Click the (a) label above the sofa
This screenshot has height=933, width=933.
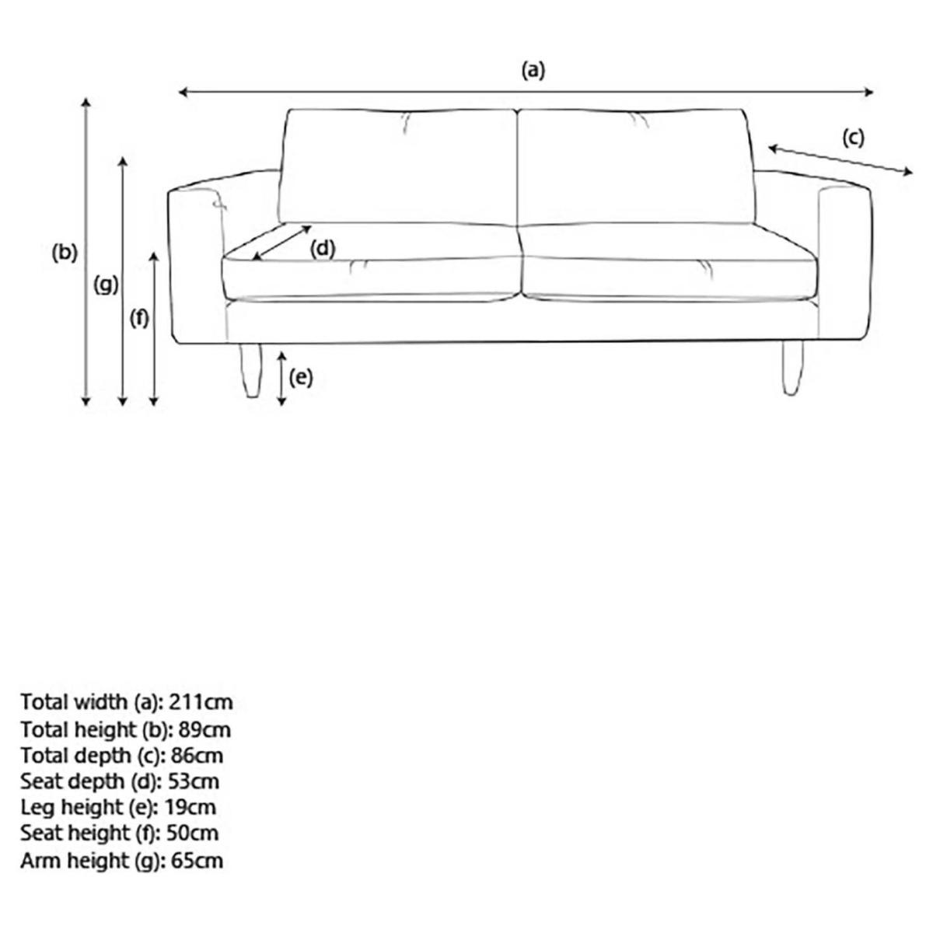pyautogui.click(x=533, y=71)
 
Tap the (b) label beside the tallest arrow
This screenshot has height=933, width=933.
pyautogui.click(x=65, y=253)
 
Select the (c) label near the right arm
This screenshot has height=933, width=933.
pyautogui.click(x=853, y=138)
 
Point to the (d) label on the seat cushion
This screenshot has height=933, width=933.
pyautogui.click(x=323, y=249)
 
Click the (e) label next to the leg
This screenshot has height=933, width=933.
pyautogui.click(x=301, y=377)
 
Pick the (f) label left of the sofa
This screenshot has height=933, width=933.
pyautogui.click(x=139, y=318)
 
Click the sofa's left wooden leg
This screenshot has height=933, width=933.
pyautogui.click(x=250, y=369)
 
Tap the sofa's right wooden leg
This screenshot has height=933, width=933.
pyautogui.click(x=791, y=368)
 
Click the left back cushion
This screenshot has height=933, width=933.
pyautogui.click(x=400, y=166)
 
